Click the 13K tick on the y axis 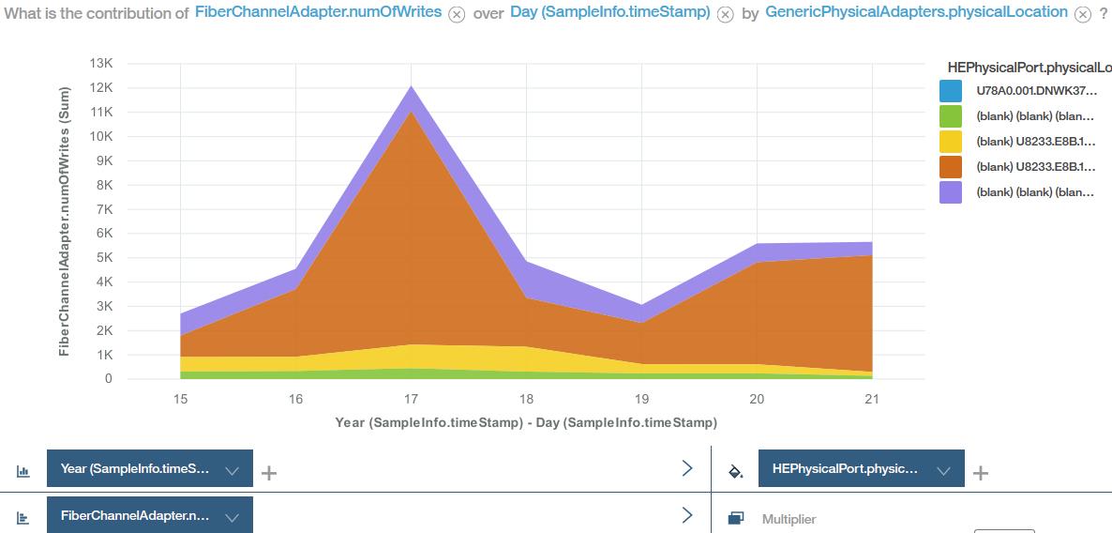click(101, 63)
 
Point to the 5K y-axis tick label click(104, 257)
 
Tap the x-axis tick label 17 click(412, 399)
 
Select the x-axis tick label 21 click(872, 399)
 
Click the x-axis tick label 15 click(181, 399)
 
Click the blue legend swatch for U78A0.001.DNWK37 click(950, 91)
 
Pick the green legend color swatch click(950, 116)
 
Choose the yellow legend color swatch click(950, 142)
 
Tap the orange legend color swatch click(950, 167)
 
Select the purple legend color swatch click(950, 192)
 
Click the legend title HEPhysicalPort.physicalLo click(1029, 68)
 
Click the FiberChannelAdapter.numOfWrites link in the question click(319, 13)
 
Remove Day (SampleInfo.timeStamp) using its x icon click(725, 15)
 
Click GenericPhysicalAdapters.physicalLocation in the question click(916, 13)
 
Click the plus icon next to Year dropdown click(269, 472)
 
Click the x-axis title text click(526, 423)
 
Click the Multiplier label click(789, 519)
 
